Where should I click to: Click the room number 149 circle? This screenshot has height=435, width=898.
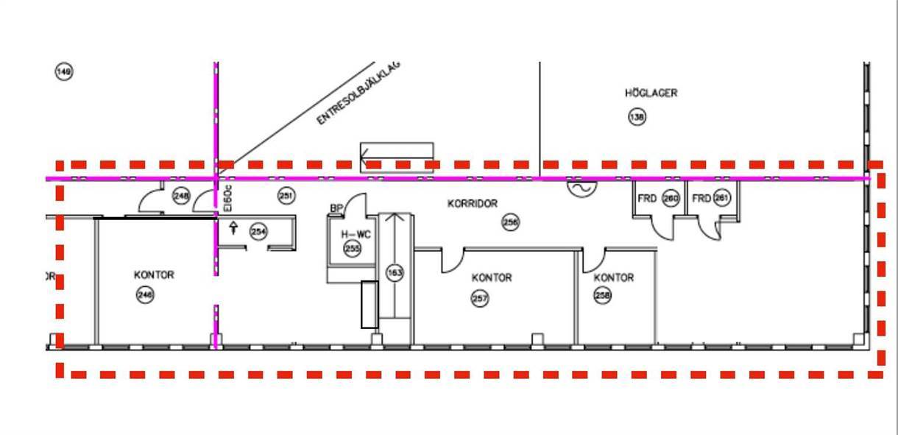point(64,71)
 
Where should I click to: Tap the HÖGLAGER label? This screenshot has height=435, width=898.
point(651,93)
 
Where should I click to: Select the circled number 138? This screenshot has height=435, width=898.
point(637,116)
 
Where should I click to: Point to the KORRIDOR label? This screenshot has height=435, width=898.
point(473,203)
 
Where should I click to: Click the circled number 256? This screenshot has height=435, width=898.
point(510,222)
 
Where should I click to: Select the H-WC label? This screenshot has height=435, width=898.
point(356,234)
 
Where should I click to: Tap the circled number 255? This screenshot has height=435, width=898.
point(353,250)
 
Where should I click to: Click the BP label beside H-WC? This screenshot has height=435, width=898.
point(336,209)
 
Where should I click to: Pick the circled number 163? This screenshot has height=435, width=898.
point(395,273)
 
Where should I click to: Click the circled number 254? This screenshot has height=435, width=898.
point(258,231)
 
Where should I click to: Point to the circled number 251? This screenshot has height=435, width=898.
point(286,196)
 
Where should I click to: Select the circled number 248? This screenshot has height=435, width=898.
point(181,196)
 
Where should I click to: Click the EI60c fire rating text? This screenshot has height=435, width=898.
point(228,199)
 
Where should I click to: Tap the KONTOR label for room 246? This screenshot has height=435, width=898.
point(154,275)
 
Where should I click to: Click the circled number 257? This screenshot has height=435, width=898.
point(480,298)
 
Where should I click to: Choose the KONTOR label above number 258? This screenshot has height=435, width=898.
point(613,277)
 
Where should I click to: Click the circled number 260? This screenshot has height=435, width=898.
point(671,198)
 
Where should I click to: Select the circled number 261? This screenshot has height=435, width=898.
point(722,198)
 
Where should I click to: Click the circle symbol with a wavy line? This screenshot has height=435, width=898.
point(581,188)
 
